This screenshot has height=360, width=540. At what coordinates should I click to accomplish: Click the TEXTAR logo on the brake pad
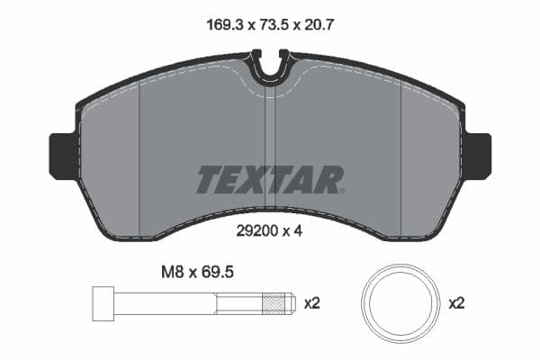(270, 180)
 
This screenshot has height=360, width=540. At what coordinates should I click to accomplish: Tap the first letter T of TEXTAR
(208, 180)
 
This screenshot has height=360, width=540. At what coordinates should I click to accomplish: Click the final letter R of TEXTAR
(329, 180)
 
